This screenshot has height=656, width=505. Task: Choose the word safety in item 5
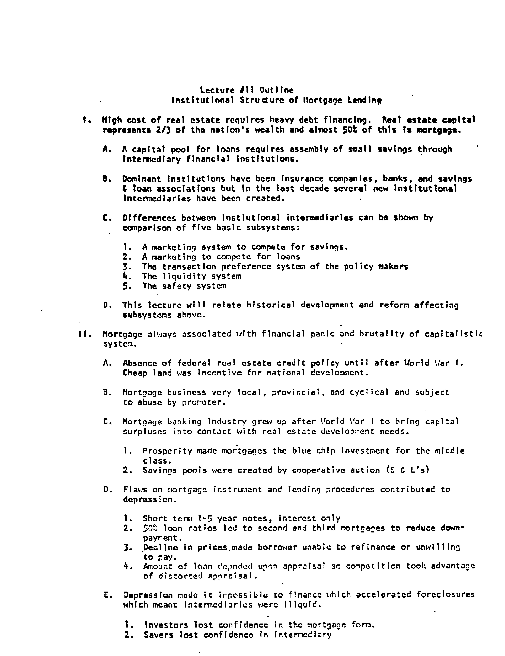[177, 286]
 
